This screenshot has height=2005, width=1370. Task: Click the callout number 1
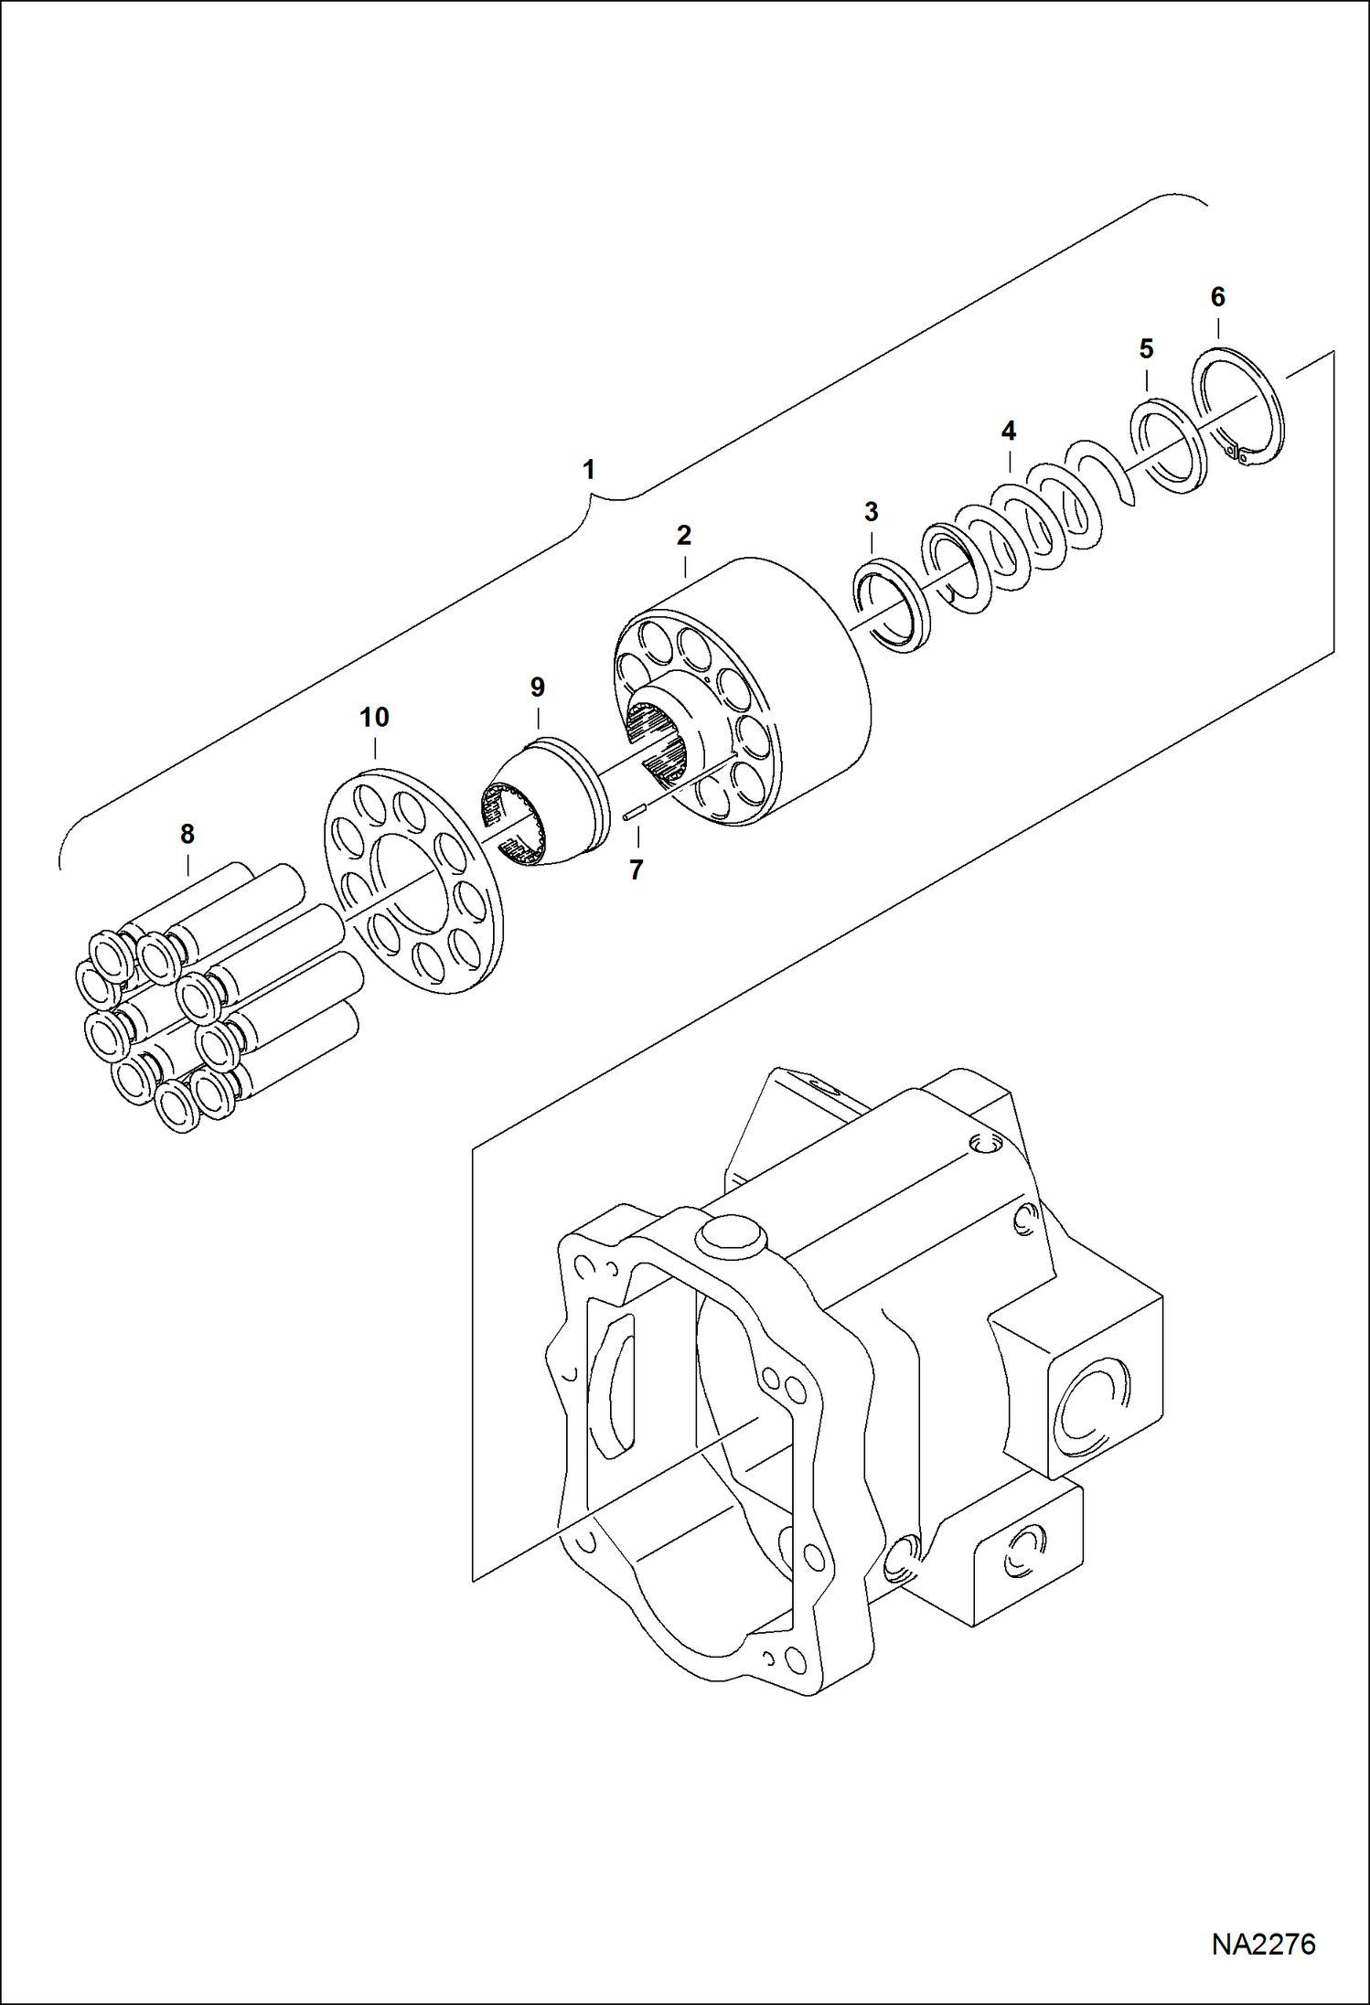(589, 470)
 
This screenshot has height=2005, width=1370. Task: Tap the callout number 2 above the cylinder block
(684, 536)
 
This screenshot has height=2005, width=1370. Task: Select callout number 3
(871, 512)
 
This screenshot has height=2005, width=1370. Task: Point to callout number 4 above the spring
(1009, 431)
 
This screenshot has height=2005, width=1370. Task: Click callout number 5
(1146, 348)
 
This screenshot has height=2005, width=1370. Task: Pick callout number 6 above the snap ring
(1217, 297)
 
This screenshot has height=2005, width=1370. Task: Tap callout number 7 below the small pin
(637, 869)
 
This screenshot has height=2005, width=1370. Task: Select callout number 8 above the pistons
(187, 834)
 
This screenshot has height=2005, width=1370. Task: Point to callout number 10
(374, 718)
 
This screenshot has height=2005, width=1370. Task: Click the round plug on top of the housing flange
(728, 1237)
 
